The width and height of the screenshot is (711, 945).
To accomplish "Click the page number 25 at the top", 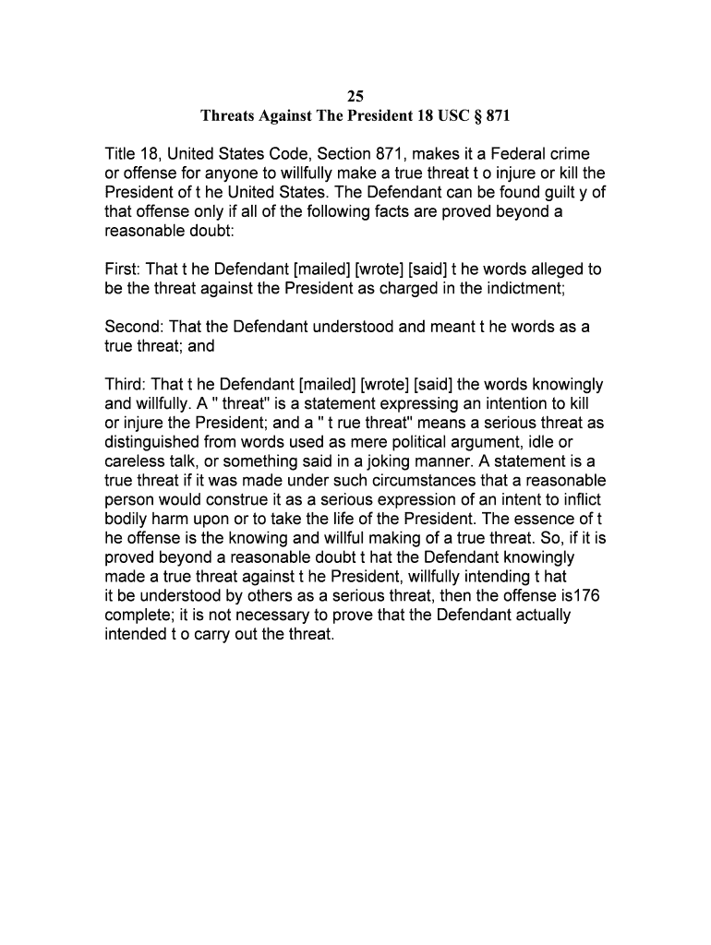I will [x=355, y=97].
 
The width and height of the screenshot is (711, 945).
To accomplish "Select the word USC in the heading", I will [x=440, y=117].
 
